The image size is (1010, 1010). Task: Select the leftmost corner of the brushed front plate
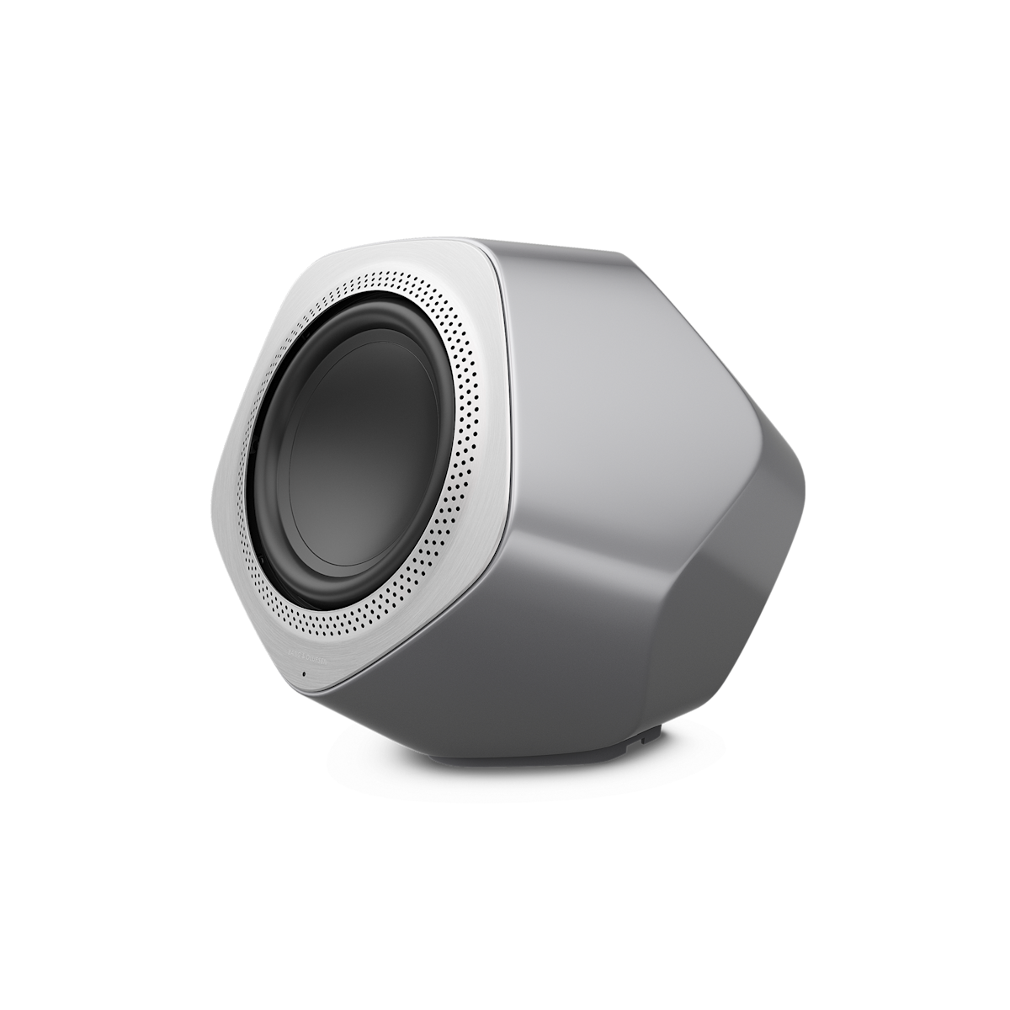point(210,488)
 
